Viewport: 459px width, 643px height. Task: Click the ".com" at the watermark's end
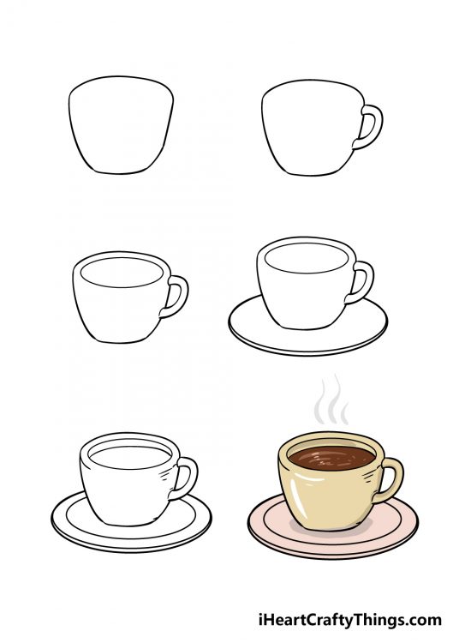tap(425, 619)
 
